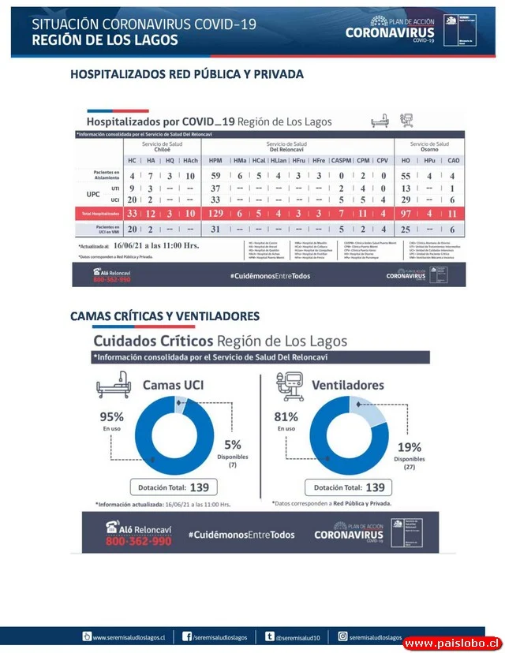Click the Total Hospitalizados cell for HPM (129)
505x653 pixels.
coord(215,213)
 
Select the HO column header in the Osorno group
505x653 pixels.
coord(406,160)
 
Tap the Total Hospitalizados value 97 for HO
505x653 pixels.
coord(406,213)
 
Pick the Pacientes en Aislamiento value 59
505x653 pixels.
coord(215,175)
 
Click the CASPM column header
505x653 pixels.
coord(341,160)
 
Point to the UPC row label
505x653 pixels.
coord(92,194)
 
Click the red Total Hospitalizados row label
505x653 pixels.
coord(99,213)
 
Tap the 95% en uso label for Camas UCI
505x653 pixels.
coord(110,420)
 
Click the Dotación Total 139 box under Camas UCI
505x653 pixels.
coord(174,487)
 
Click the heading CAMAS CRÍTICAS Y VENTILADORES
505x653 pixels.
coord(165,316)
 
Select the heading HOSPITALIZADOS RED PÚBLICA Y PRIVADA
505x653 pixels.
coord(187,74)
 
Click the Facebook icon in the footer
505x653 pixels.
coord(187,636)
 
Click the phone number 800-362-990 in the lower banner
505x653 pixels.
coord(138,542)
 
